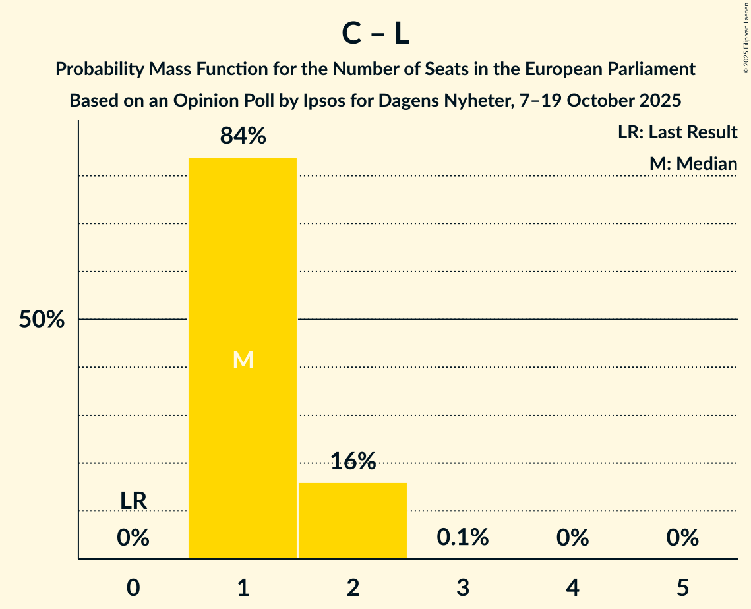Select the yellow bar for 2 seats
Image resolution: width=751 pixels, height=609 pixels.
[353, 521]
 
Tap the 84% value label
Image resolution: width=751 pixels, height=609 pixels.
[243, 136]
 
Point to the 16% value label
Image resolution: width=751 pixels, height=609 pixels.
[353, 461]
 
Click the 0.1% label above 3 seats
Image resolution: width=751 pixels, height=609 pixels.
[463, 538]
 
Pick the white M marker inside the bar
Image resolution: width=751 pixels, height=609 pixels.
[243, 360]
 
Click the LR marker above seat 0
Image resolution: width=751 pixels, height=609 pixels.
[133, 501]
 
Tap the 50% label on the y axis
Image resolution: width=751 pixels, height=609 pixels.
[42, 320]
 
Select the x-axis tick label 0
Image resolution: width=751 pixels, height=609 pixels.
[133, 588]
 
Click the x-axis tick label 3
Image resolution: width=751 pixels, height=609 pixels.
[463, 588]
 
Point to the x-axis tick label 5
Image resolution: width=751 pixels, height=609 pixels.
[682, 588]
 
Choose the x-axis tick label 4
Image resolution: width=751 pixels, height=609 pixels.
[572, 588]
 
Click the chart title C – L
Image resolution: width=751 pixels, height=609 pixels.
[375, 34]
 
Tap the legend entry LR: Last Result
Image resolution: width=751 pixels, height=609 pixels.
[677, 132]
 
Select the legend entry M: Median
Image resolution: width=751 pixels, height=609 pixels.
[693, 163]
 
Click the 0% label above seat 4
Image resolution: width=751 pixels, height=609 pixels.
[572, 538]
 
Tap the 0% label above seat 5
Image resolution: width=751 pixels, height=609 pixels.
[682, 538]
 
